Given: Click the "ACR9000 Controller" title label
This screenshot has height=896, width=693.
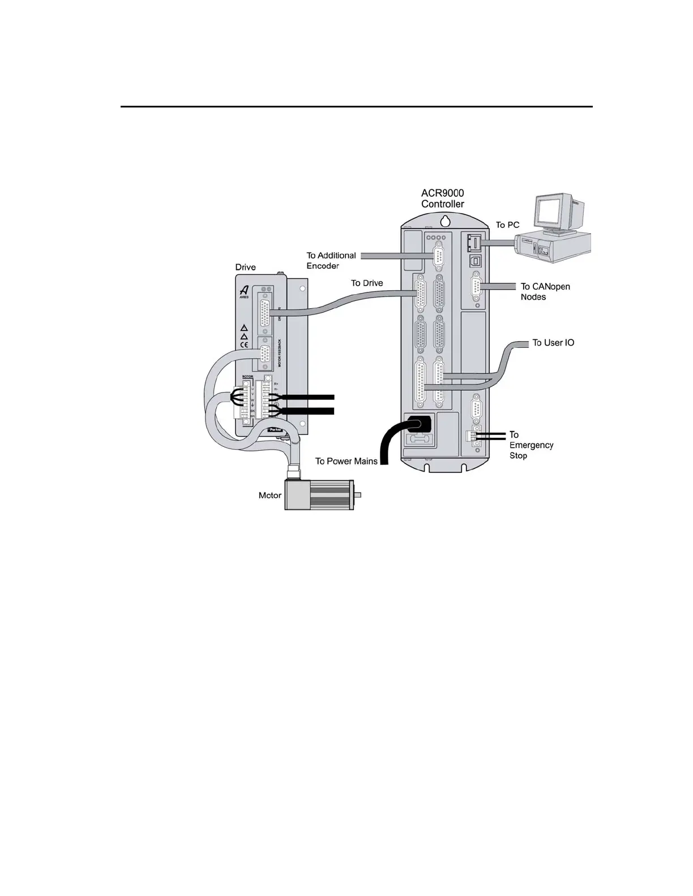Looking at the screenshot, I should click(x=442, y=199).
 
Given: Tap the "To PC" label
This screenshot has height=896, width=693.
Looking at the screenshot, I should click(x=507, y=225).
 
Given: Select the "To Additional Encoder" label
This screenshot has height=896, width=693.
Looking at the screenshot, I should click(x=331, y=261).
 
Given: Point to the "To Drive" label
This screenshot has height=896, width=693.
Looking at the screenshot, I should click(x=367, y=283).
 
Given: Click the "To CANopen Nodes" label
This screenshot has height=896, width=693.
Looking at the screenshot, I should click(x=545, y=291).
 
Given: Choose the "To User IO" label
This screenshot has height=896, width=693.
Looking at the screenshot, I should click(x=553, y=343).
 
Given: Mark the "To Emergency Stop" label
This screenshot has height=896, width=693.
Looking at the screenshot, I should click(x=531, y=445).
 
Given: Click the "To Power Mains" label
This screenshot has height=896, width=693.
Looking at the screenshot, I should click(x=346, y=461).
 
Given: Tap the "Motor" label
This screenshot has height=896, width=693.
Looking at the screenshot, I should click(x=269, y=496).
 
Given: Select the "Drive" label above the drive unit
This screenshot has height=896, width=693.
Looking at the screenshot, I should click(x=245, y=267).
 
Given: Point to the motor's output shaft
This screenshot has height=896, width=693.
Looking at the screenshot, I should click(x=357, y=496).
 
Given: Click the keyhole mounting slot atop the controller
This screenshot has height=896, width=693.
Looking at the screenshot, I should click(x=444, y=219).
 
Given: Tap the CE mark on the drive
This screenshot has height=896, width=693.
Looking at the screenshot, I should click(x=244, y=344).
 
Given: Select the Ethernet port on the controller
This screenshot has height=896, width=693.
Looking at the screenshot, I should click(x=474, y=243).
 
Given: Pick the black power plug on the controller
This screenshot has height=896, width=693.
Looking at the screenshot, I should click(x=418, y=423).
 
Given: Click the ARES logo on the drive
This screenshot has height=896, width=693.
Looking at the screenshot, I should click(x=244, y=291).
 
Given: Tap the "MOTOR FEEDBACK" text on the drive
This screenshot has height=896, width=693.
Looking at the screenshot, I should click(x=280, y=356).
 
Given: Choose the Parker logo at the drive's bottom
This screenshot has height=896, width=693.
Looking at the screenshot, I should click(x=276, y=430).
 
